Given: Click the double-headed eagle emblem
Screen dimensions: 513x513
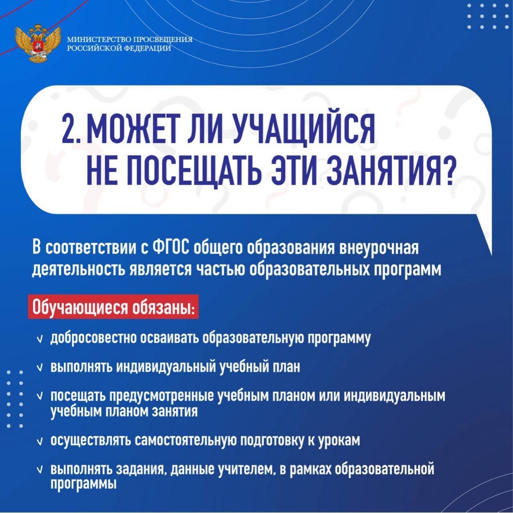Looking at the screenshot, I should (38, 43).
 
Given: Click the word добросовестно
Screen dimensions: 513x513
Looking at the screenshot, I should (95, 339).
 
